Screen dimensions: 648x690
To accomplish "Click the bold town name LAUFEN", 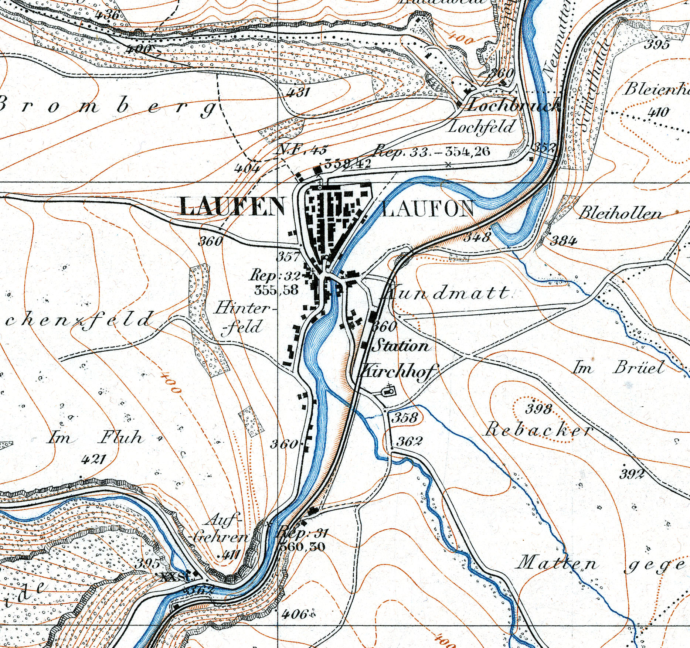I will [232, 207].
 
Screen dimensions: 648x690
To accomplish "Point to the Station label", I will [401, 346].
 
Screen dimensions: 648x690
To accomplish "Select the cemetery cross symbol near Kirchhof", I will [388, 390].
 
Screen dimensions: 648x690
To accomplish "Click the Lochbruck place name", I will [514, 106].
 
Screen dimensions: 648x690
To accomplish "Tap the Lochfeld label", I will [481, 127].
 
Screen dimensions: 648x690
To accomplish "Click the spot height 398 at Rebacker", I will [539, 409].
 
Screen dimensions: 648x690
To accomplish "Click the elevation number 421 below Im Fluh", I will [94, 459].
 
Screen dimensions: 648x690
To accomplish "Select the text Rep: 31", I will [302, 533].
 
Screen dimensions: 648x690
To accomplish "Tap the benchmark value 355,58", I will [276, 290].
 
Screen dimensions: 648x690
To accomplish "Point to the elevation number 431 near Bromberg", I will [298, 92].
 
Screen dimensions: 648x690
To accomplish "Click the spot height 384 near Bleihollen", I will [563, 241].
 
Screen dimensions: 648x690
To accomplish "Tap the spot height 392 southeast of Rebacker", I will [632, 474].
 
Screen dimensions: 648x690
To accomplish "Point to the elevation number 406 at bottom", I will [294, 614].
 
